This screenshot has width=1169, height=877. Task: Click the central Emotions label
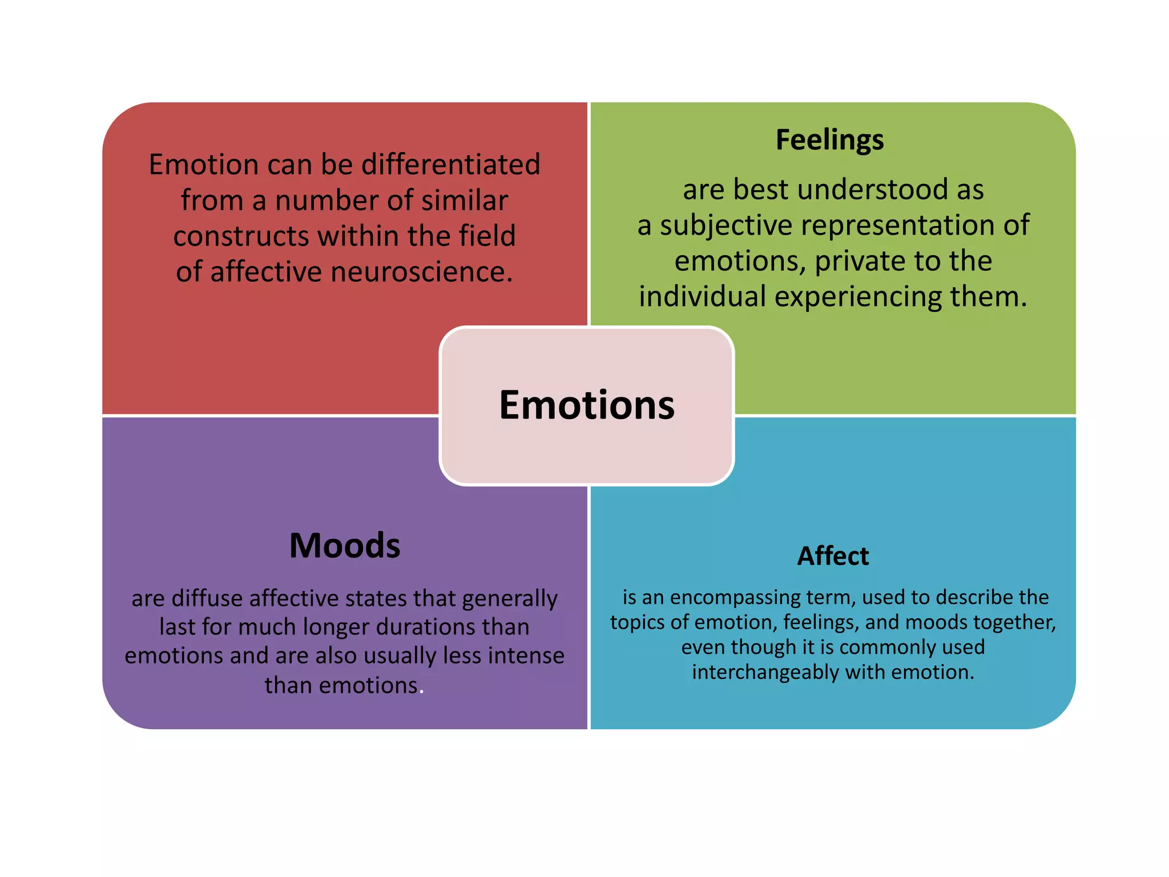(x=587, y=405)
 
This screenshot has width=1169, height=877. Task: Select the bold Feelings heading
(x=829, y=139)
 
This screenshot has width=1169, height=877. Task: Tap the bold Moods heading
(x=345, y=545)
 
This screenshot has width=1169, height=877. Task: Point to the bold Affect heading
(x=833, y=556)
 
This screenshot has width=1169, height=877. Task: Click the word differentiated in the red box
(x=451, y=164)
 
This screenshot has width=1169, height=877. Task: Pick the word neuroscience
(x=422, y=272)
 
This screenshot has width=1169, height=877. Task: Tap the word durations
(x=425, y=627)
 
